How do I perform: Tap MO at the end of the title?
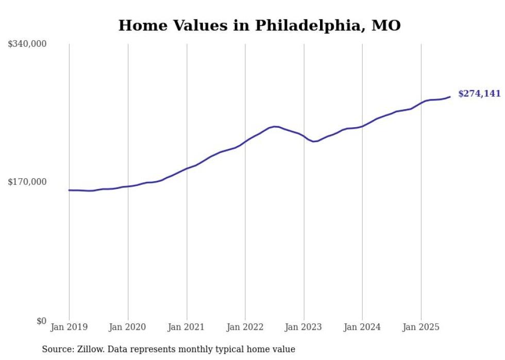click(x=386, y=25)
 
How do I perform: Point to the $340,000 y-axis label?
click(x=27, y=44)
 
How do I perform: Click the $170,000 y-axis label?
click(x=27, y=182)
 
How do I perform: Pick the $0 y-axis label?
click(x=41, y=321)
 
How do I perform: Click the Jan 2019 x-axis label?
click(x=69, y=327)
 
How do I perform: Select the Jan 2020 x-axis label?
click(x=127, y=327)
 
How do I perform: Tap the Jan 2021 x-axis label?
click(x=186, y=327)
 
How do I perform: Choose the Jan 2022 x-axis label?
click(x=245, y=327)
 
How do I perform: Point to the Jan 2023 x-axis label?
click(x=304, y=327)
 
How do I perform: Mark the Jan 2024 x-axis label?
click(x=362, y=327)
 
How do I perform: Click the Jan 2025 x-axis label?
click(x=421, y=327)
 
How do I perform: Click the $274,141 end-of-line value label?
click(x=479, y=94)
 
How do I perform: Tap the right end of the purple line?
click(x=450, y=97)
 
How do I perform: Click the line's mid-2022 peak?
click(x=275, y=126)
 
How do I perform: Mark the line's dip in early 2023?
click(x=314, y=141)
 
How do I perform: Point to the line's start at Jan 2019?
click(x=70, y=190)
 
